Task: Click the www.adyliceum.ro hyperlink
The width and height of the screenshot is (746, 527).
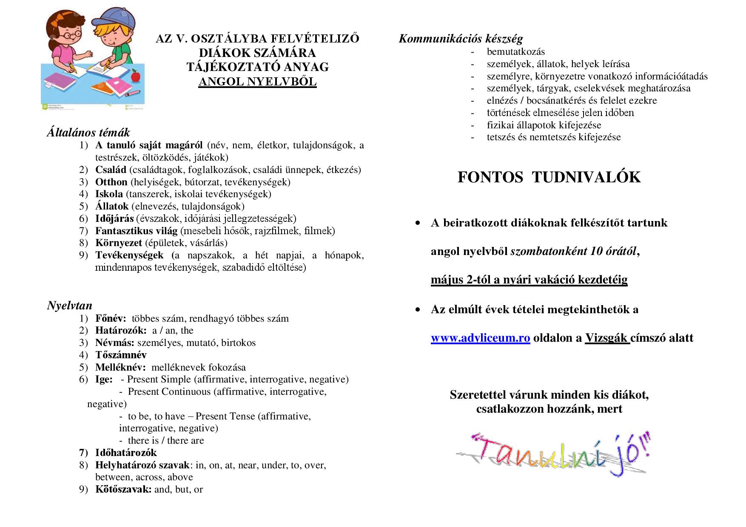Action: click(x=480, y=338)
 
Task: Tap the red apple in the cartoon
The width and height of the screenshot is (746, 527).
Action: click(x=136, y=76)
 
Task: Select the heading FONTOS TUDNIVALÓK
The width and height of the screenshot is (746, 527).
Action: click(x=549, y=177)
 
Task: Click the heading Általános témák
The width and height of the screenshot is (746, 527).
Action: click(x=88, y=133)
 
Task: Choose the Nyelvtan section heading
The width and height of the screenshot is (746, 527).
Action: click(x=69, y=306)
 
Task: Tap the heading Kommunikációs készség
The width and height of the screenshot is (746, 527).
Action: click(x=461, y=39)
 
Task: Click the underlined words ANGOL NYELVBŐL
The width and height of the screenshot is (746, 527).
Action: click(x=257, y=81)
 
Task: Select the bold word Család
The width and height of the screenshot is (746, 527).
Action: click(x=111, y=170)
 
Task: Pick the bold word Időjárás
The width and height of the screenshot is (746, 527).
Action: click(x=114, y=218)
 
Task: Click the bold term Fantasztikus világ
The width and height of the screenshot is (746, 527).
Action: click(x=136, y=231)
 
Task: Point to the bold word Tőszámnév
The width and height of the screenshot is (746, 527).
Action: click(x=121, y=355)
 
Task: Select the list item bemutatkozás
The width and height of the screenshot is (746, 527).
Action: click(x=515, y=52)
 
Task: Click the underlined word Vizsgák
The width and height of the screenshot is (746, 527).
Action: click(x=607, y=338)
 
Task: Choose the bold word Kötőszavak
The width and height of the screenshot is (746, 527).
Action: click(x=123, y=489)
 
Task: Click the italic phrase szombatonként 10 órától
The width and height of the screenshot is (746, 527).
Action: click(x=573, y=251)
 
